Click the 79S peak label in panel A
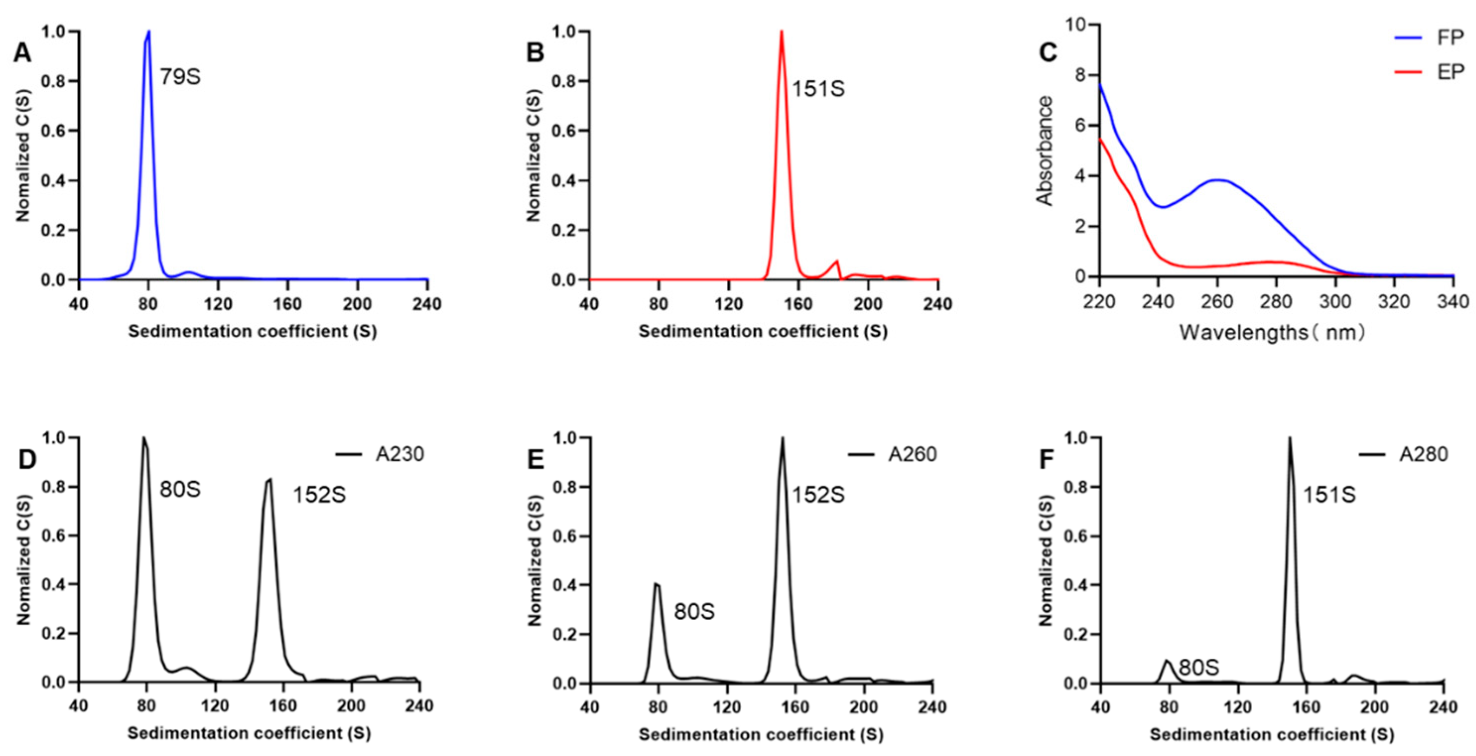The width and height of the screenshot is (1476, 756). (180, 77)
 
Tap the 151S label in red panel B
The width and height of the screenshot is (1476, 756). (818, 89)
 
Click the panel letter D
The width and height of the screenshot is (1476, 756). (27, 460)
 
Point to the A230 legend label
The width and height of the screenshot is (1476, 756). (400, 454)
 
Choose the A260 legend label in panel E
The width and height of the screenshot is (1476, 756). (912, 454)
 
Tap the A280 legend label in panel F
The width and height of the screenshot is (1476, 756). (1423, 454)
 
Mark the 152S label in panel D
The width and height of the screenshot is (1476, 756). (319, 495)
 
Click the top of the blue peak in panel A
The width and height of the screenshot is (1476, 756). (149, 32)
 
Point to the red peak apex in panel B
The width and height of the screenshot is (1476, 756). (781, 32)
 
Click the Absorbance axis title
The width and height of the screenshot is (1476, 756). (1044, 151)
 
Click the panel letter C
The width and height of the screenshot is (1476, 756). (1048, 53)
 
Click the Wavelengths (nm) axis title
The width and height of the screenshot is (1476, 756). (1272, 331)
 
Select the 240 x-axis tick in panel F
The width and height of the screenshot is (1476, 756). (1443, 707)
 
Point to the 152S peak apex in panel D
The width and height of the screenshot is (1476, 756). (270, 479)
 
